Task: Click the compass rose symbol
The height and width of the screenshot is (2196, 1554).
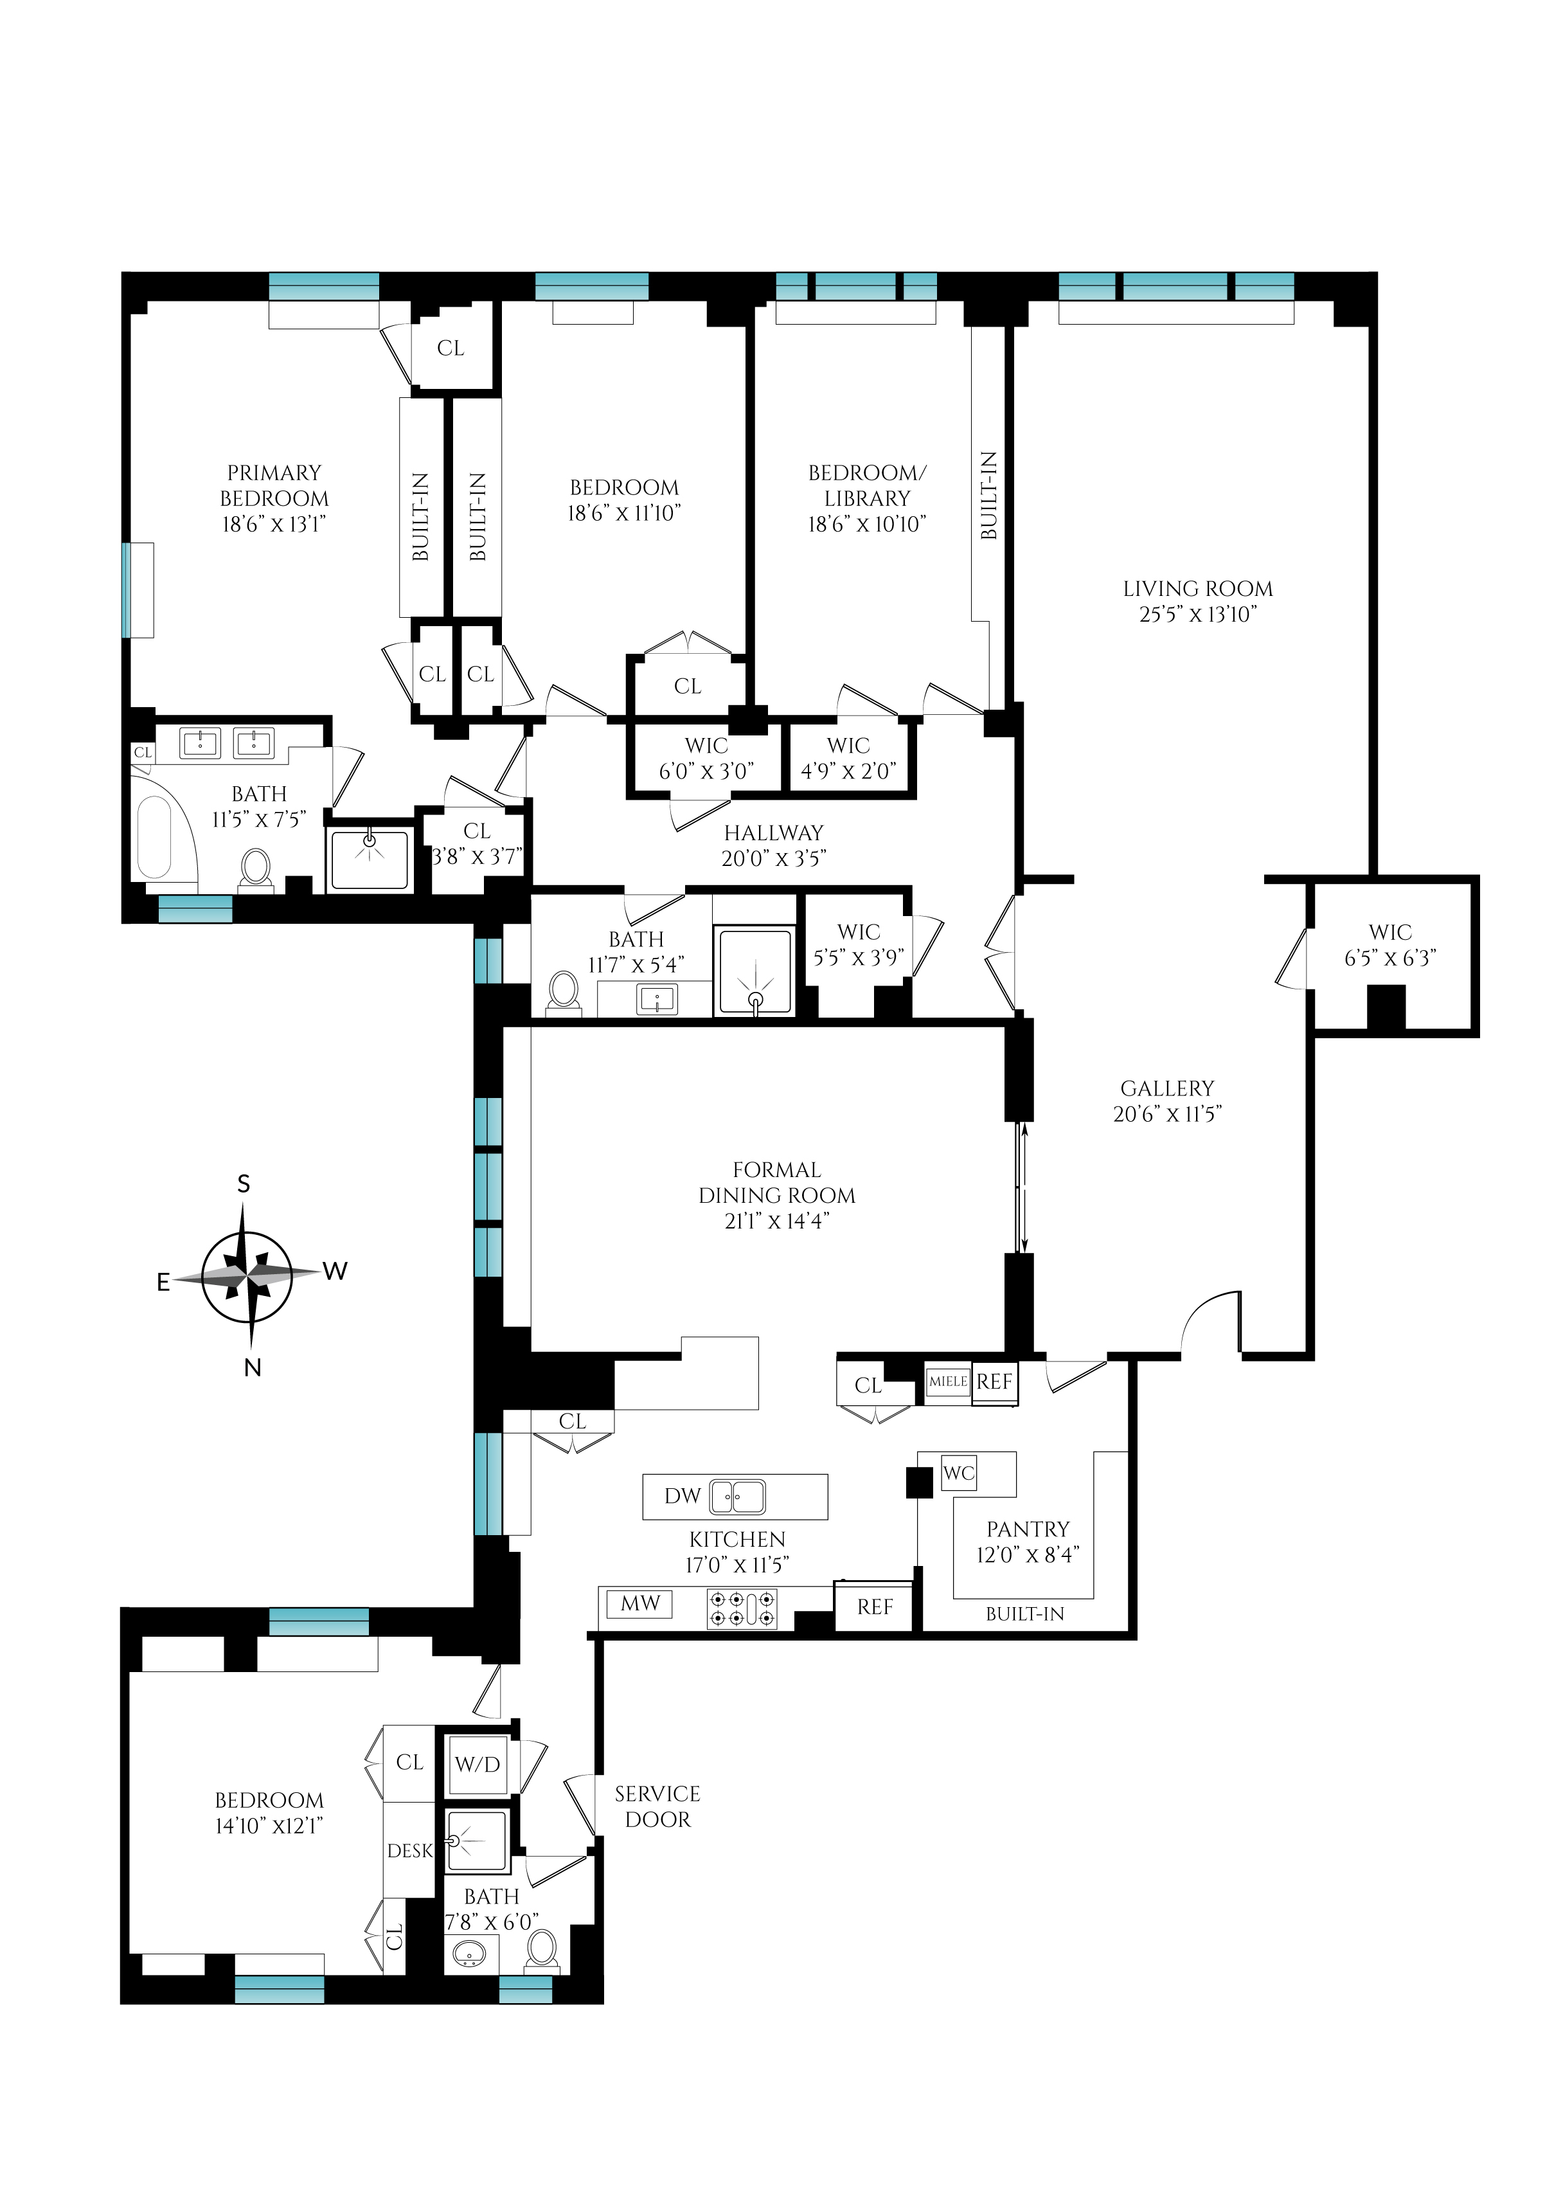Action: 248,1276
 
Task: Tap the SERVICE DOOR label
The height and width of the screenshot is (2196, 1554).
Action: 657,1806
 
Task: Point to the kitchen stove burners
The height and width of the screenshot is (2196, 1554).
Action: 742,1608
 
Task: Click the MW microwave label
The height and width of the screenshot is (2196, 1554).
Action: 640,1603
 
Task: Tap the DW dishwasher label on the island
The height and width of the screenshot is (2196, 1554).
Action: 683,1496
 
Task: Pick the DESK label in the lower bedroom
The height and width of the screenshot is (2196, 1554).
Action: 409,1851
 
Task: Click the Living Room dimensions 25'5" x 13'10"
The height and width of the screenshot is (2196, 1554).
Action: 1197,615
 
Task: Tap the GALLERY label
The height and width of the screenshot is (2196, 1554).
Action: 1166,1088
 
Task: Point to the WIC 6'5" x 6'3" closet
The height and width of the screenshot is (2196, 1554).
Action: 1389,945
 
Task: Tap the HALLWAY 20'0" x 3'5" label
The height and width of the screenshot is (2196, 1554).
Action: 773,845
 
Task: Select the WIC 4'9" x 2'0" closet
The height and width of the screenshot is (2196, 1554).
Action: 848,757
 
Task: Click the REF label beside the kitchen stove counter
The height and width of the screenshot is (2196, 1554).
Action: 875,1607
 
